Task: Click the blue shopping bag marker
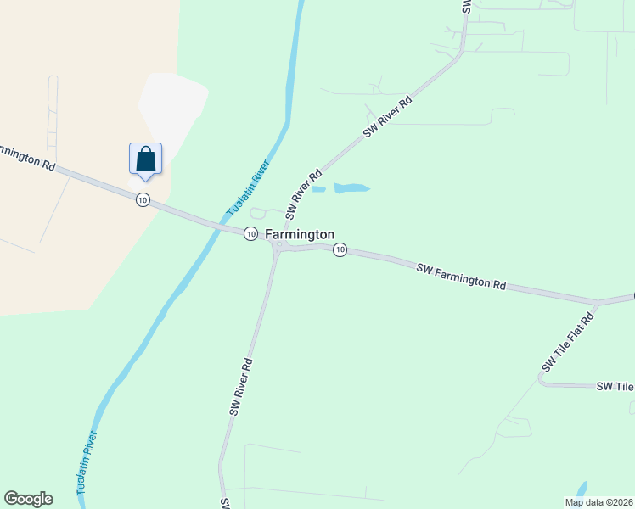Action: click(x=145, y=159)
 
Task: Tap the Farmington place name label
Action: click(x=300, y=234)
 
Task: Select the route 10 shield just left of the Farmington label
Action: click(x=250, y=233)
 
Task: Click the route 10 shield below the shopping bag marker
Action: click(x=142, y=199)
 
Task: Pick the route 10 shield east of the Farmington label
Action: click(x=340, y=249)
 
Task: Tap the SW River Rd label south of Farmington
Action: click(x=241, y=385)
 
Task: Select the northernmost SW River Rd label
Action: click(x=388, y=117)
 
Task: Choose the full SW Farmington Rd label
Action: click(x=461, y=277)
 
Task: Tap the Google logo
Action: click(x=28, y=499)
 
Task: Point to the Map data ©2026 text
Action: click(x=598, y=502)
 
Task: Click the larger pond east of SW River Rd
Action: click(x=351, y=187)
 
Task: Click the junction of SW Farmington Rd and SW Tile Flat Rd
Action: click(x=598, y=302)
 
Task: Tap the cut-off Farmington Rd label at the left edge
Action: click(x=25, y=157)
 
